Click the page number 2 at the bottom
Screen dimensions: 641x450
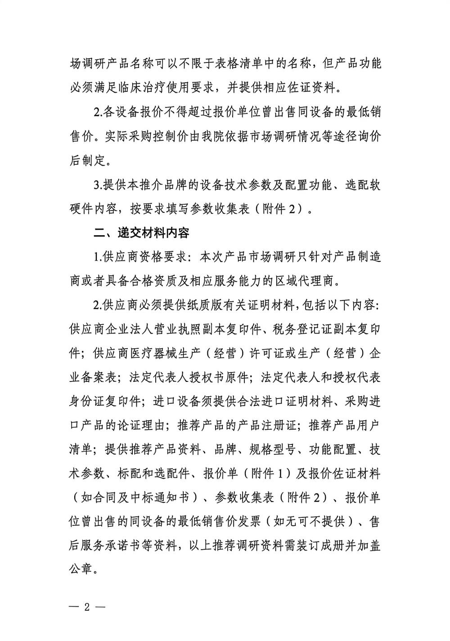87,605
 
